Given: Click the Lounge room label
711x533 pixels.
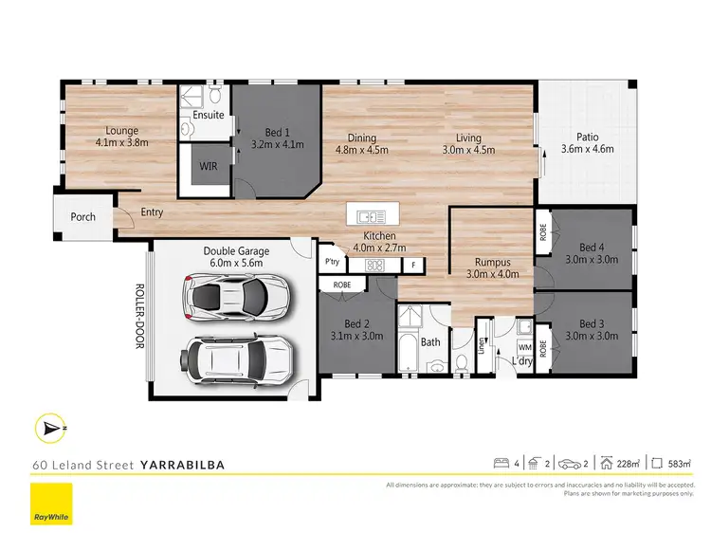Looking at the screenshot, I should [x=122, y=131].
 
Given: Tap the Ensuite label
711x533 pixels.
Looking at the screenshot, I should [x=209, y=115].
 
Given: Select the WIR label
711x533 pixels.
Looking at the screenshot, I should [x=209, y=166].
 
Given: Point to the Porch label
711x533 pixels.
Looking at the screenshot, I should [x=83, y=216].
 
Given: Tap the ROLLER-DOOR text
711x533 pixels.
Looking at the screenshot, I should [x=138, y=317].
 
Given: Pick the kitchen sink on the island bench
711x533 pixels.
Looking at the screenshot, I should [x=370, y=212].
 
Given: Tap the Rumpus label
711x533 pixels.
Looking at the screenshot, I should [x=493, y=263].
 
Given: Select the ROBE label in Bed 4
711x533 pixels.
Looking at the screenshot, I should [x=543, y=233].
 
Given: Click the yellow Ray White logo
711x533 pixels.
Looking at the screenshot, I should [x=52, y=503].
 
